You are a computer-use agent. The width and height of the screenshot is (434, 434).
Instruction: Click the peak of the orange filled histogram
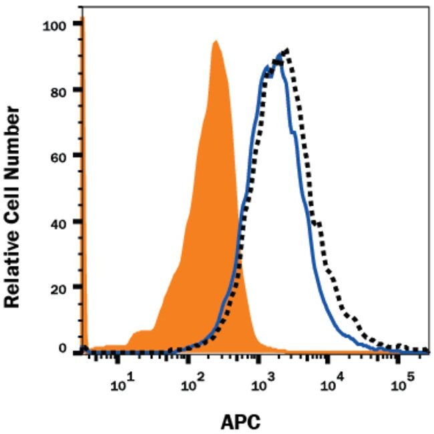point(215,41)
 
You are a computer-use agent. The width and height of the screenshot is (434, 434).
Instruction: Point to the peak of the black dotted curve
point(286,49)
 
